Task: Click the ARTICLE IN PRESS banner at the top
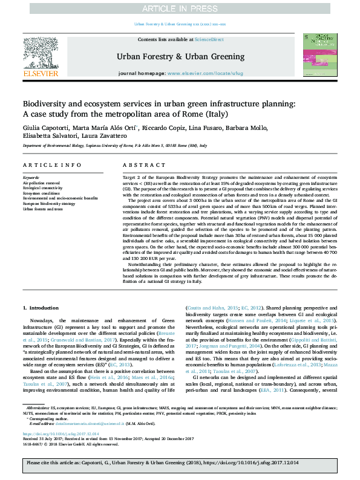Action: [x=180, y=8]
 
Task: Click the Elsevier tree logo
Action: [x=40, y=56]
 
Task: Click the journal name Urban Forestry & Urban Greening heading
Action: [x=179, y=56]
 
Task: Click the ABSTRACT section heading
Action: [x=137, y=164]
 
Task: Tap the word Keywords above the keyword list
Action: [x=31, y=177]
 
